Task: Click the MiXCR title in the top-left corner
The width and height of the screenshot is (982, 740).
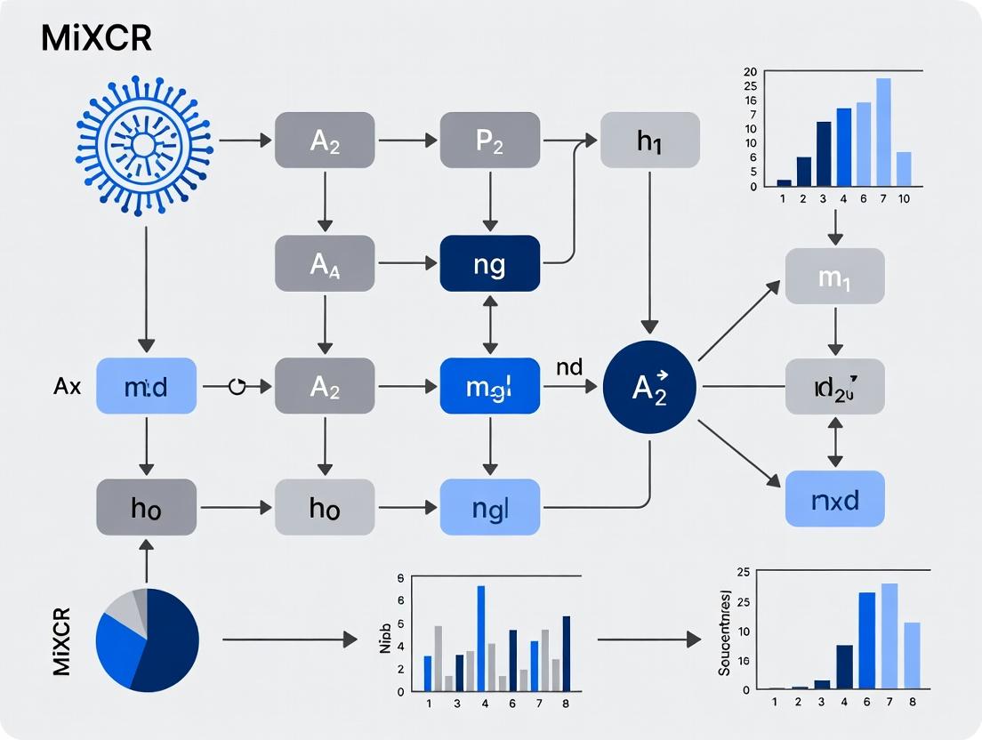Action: pyautogui.click(x=95, y=38)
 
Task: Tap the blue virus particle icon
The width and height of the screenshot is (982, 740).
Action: pyautogui.click(x=144, y=145)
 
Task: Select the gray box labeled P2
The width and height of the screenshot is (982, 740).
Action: pyautogui.click(x=489, y=141)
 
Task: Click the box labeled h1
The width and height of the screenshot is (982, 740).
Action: pyautogui.click(x=650, y=141)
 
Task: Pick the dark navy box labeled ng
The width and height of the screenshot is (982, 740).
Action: pyautogui.click(x=489, y=263)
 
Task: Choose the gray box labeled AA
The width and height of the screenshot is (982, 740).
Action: pyautogui.click(x=325, y=263)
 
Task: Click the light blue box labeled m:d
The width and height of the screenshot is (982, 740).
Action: pyautogui.click(x=146, y=387)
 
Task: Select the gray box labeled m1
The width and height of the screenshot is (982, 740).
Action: pyautogui.click(x=834, y=277)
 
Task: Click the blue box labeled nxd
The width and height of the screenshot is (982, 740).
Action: pyautogui.click(x=834, y=498)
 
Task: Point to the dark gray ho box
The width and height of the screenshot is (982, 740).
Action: pyautogui.click(x=146, y=508)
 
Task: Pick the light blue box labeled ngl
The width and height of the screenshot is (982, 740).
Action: pyautogui.click(x=489, y=508)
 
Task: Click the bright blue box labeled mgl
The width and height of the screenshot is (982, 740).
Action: pyautogui.click(x=489, y=387)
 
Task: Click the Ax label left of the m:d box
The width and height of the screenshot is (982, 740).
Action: pyautogui.click(x=68, y=386)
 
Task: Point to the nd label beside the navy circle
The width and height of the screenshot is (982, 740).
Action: pyautogui.click(x=569, y=366)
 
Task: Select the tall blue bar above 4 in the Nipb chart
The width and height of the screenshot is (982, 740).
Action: pyautogui.click(x=481, y=638)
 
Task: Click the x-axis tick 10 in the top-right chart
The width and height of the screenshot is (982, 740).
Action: pyautogui.click(x=904, y=199)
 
